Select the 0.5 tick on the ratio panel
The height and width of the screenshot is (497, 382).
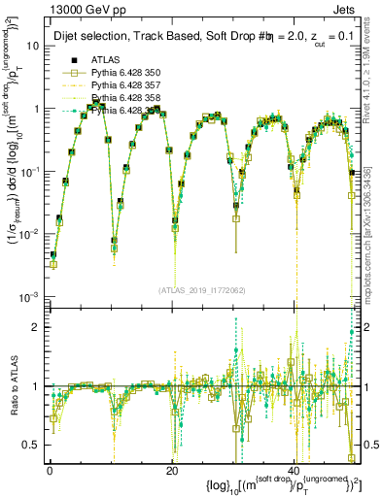(x=31, y=445)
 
